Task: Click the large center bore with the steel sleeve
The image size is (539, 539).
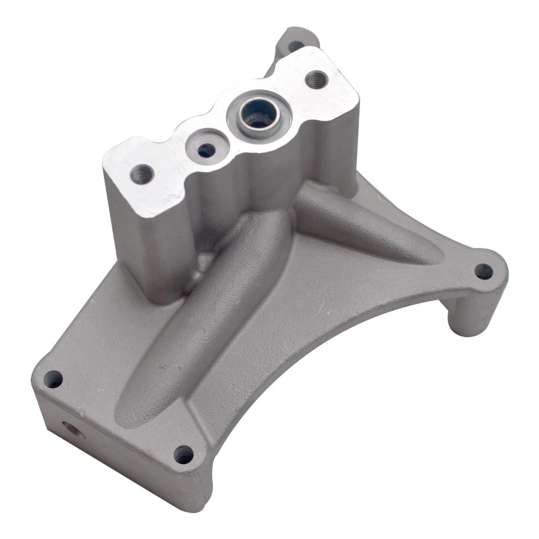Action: [x=259, y=115]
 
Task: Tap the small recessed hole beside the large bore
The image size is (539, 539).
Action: [x=206, y=149]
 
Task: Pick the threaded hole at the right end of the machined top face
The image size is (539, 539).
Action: [x=317, y=79]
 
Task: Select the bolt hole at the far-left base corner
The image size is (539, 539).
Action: [x=53, y=380]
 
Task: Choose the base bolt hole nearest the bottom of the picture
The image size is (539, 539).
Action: [x=184, y=454]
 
